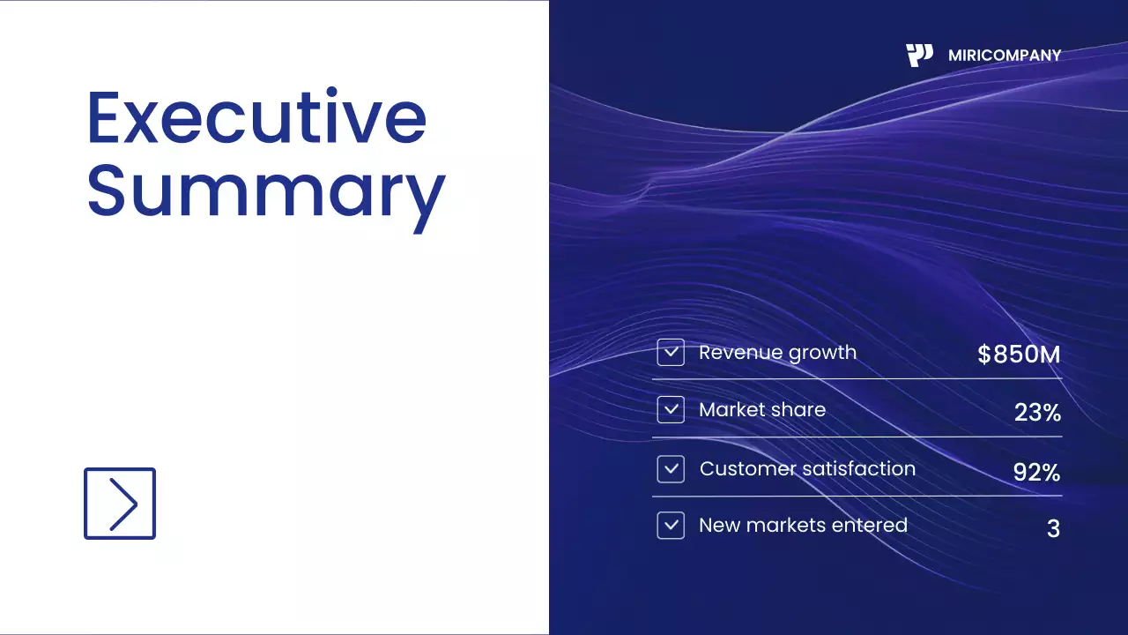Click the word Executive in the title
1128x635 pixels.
click(256, 117)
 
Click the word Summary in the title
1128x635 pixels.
click(265, 192)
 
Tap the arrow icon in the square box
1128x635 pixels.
click(120, 504)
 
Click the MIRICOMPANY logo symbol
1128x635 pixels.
click(919, 56)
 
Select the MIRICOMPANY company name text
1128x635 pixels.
click(1005, 56)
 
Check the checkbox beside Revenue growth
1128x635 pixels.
click(671, 353)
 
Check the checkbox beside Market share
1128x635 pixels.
click(671, 410)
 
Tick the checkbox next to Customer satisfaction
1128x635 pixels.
click(671, 469)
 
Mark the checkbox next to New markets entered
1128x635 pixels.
click(671, 526)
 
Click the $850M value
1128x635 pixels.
click(1019, 355)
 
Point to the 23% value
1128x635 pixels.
click(1037, 412)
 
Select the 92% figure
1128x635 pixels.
click(1036, 473)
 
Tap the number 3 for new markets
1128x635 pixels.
click(1053, 529)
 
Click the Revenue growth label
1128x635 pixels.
click(777, 353)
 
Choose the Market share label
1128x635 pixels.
click(762, 410)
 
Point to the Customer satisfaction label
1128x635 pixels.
click(807, 469)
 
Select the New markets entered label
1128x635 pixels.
click(803, 526)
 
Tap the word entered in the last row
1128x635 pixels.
click(870, 526)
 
